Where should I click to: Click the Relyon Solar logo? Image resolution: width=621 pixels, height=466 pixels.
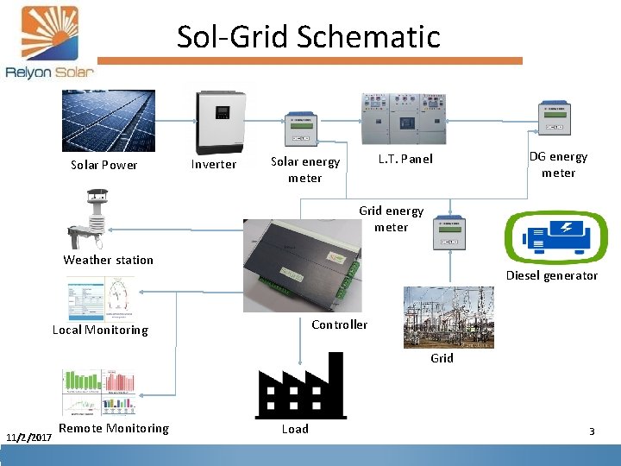[49, 43]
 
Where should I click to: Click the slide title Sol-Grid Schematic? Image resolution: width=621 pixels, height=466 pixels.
[308, 36]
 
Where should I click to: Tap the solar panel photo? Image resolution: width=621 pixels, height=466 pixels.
[108, 120]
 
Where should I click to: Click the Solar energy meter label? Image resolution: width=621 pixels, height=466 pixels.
[305, 169]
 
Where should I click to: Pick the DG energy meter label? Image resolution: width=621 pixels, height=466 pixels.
[558, 164]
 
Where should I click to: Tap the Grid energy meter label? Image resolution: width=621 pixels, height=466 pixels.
[391, 218]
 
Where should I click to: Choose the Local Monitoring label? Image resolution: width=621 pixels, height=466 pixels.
[100, 330]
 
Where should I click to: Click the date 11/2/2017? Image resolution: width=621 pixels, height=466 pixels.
[28, 438]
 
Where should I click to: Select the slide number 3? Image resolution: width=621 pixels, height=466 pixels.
[592, 431]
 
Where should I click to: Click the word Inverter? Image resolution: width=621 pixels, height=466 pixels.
[213, 164]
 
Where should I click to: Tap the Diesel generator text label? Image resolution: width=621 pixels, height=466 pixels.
[551, 275]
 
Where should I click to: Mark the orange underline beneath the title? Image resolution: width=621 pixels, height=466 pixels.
[310, 60]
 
